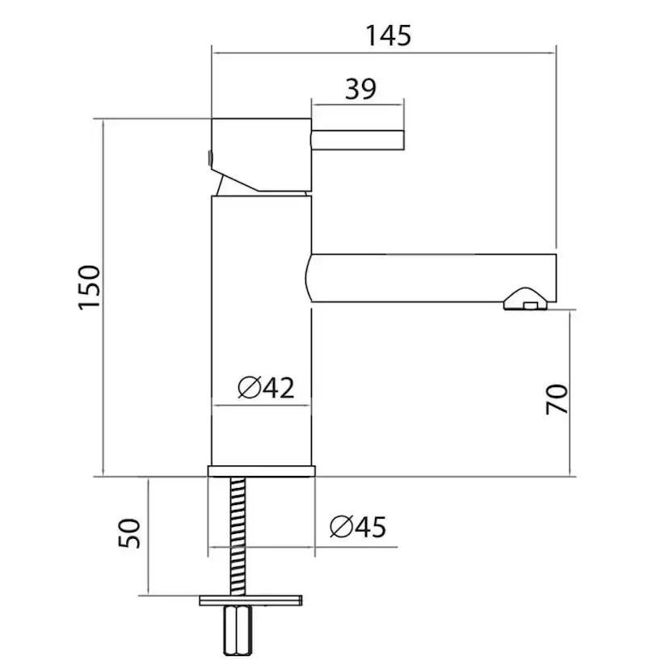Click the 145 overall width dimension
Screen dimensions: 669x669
tap(389, 36)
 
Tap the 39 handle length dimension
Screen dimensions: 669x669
tap(360, 89)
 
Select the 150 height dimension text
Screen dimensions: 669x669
tap(90, 287)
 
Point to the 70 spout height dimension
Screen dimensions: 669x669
tap(557, 399)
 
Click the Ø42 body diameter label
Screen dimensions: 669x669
tap(267, 387)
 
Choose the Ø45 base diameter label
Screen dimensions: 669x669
tap(358, 527)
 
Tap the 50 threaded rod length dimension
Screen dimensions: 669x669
tap(128, 533)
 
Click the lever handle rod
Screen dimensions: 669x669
tap(358, 141)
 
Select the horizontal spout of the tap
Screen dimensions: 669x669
tap(431, 278)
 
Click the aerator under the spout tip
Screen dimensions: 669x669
tap(525, 300)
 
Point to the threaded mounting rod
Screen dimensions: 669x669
tap(238, 536)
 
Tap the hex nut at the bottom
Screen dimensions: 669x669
tap(238, 630)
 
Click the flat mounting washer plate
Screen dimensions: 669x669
tap(250, 600)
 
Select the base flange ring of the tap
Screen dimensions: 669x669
tap(262, 471)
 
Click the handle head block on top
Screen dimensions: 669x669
tap(262, 155)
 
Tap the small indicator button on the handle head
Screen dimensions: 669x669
tap(209, 158)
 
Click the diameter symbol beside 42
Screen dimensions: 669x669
tap(249, 388)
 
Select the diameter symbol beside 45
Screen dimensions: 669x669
tap(341, 527)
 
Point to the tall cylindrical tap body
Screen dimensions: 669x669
tap(262, 330)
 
